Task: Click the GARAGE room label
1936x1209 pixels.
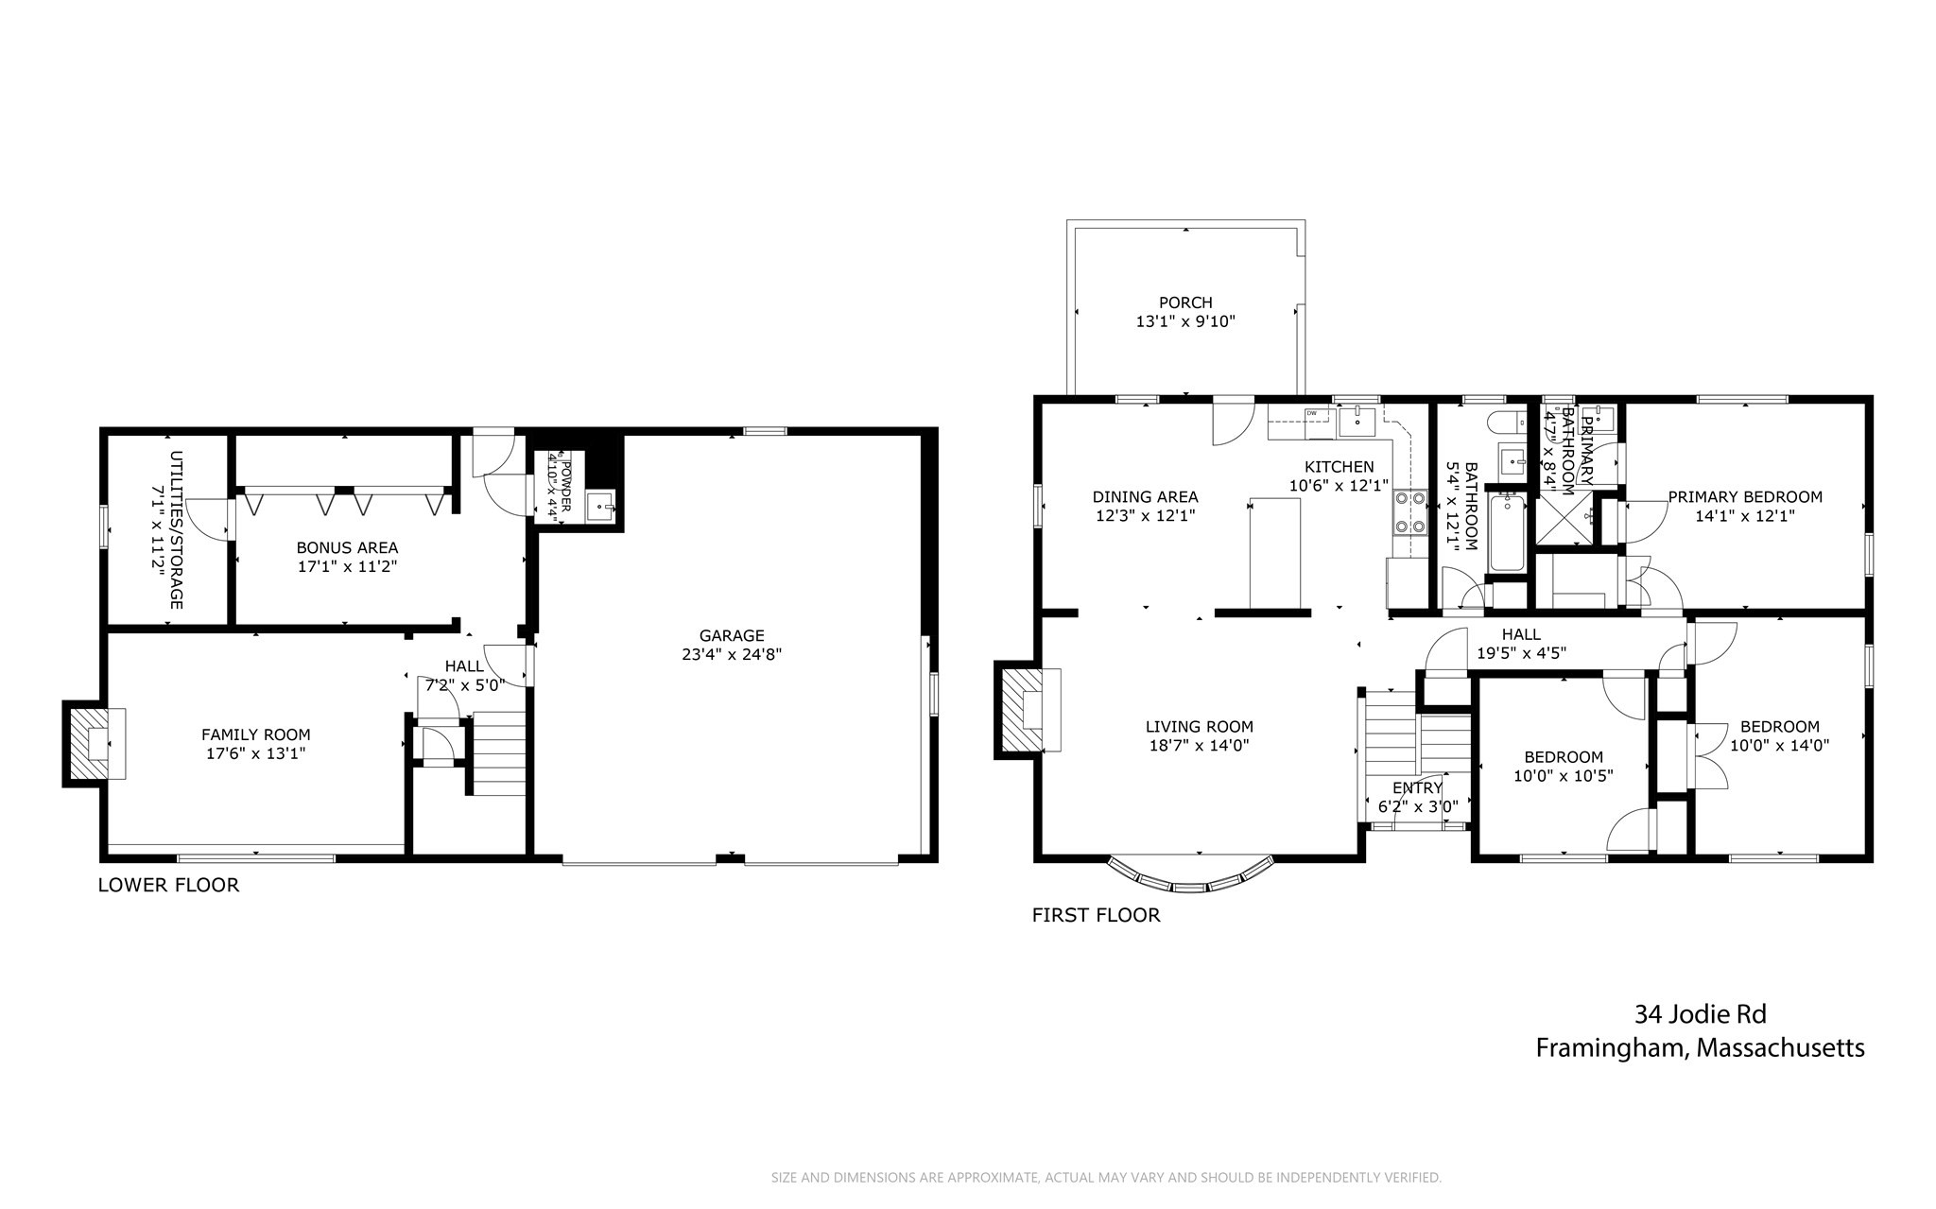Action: click(x=731, y=636)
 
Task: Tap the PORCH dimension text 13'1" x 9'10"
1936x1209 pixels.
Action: click(x=1185, y=321)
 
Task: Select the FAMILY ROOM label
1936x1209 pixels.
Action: click(x=255, y=734)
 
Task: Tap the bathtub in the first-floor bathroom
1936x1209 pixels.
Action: click(x=1508, y=535)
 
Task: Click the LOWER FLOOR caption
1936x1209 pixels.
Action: click(x=168, y=886)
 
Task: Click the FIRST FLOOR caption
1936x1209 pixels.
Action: click(x=1096, y=915)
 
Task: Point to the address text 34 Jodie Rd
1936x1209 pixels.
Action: click(x=1700, y=1015)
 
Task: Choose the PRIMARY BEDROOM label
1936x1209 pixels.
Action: click(x=1744, y=497)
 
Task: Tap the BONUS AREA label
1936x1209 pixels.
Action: click(x=347, y=548)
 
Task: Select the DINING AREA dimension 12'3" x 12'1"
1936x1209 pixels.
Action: click(x=1145, y=516)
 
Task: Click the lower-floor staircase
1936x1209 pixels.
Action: click(x=498, y=752)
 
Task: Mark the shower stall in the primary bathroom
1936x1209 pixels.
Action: click(x=1564, y=520)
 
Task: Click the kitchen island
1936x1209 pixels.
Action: click(x=1274, y=553)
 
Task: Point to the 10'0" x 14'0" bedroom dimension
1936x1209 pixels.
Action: click(x=1779, y=745)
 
